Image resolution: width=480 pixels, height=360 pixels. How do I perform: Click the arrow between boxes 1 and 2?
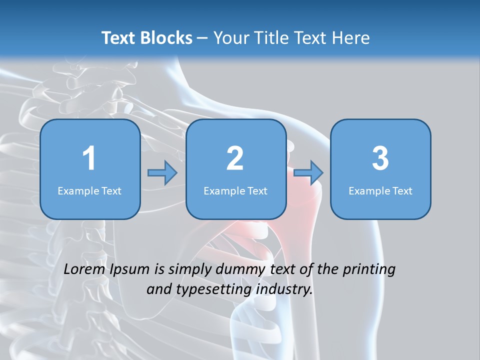coord(162,173)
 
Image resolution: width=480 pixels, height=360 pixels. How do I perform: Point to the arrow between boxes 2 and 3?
coord(308,173)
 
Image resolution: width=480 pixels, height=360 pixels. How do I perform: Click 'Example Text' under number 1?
coord(89,191)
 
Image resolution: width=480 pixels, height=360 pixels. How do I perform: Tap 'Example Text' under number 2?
coord(235,191)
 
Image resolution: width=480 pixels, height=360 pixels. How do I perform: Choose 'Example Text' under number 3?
coord(380,191)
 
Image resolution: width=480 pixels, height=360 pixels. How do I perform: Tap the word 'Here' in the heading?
coord(351,38)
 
